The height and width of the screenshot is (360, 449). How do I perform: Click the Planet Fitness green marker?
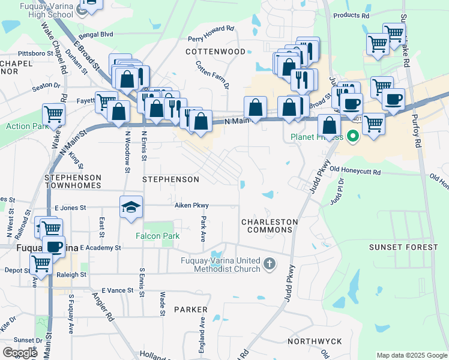[x=352, y=137]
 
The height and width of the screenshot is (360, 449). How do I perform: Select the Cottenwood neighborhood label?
[x=215, y=52]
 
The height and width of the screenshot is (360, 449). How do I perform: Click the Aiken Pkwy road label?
[x=191, y=205]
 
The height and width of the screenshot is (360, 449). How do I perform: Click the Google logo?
[x=20, y=353]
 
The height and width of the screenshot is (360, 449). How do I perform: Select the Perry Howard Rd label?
[x=211, y=29]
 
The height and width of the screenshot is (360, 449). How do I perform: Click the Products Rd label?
[x=351, y=16]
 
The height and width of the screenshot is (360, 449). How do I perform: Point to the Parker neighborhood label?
[x=190, y=310]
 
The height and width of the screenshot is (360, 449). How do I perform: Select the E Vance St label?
[x=117, y=290]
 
